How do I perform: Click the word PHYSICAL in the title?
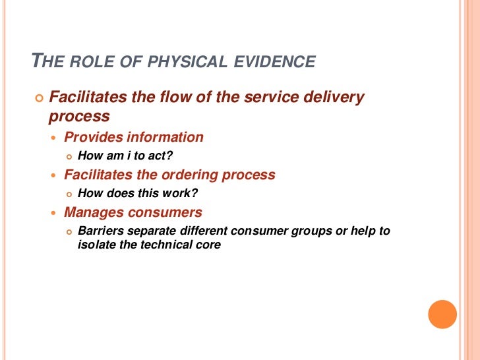point(187,63)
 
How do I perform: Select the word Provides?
point(93,137)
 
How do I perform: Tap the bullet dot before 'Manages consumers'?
point(55,213)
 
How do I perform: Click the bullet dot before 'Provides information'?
point(55,138)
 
